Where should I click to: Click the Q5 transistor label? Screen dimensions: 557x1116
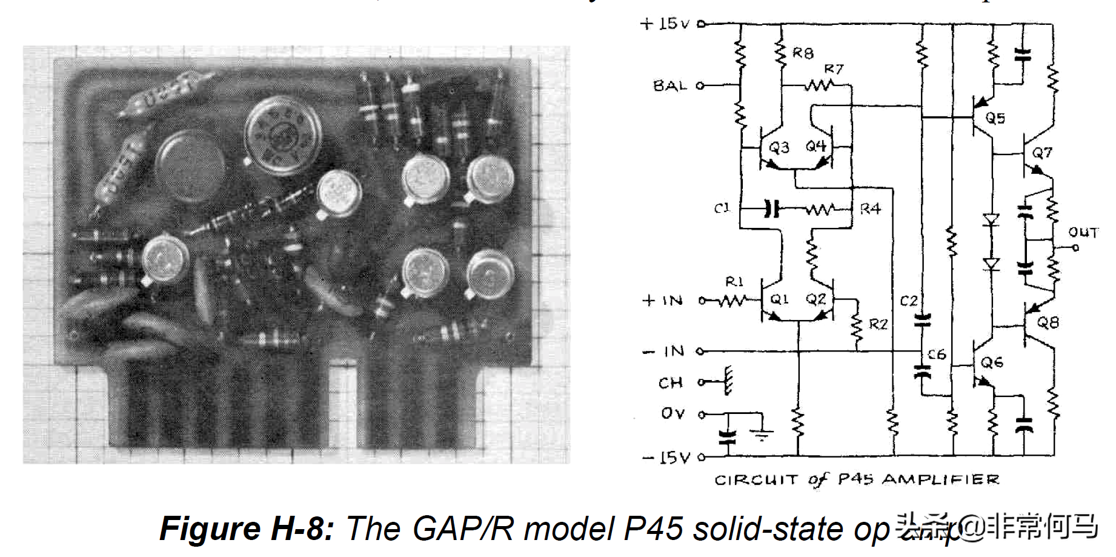[995, 118]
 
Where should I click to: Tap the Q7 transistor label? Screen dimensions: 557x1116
[1042, 153]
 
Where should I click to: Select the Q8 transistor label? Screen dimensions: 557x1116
[1048, 322]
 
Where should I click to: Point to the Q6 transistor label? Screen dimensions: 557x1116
[992, 362]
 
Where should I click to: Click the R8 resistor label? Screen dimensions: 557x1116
[803, 53]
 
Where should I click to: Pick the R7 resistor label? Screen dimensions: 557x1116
[833, 69]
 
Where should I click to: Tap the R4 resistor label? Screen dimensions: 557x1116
[870, 209]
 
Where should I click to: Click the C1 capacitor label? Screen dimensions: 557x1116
[722, 208]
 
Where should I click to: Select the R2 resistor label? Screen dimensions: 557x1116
[878, 324]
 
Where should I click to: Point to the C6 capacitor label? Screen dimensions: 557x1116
[936, 354]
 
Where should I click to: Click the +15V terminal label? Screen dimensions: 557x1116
[665, 24]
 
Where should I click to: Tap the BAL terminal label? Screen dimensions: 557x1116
[669, 85]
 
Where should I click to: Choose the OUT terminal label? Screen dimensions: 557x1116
[1083, 232]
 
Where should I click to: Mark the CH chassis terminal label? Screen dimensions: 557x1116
[671, 383]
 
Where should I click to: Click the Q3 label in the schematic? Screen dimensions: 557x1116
[779, 147]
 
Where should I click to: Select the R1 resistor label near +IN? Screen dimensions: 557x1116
[734, 281]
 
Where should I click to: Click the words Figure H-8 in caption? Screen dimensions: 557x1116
[246, 529]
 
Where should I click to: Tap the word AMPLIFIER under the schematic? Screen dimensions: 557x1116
[940, 480]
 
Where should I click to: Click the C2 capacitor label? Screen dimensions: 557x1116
[909, 301]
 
